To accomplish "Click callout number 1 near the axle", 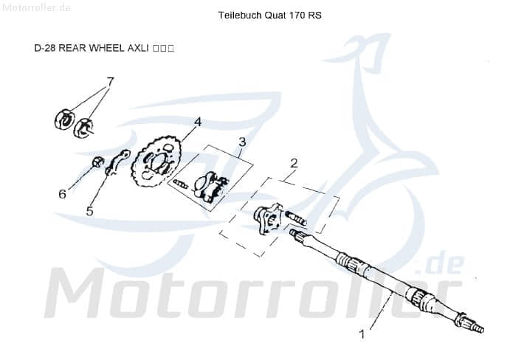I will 362,334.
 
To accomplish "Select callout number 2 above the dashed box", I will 294,163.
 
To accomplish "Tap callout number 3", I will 241,142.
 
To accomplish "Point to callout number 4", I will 198,122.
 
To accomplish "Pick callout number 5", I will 89,211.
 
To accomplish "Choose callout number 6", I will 63,194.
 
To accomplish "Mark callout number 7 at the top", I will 110,81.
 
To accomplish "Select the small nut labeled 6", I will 97,162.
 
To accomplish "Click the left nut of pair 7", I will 65,118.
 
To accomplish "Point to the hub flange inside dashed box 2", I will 266,218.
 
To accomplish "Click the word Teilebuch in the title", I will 237,15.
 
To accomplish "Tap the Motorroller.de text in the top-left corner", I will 36,8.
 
